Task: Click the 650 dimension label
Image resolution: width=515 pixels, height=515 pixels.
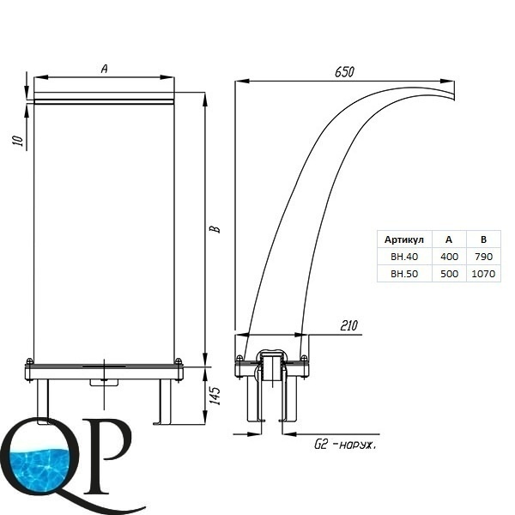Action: click(x=344, y=72)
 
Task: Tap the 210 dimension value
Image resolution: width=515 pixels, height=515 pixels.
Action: click(x=348, y=325)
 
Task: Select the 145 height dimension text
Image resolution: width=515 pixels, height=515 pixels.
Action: click(x=215, y=396)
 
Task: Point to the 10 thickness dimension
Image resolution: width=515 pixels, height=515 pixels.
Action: click(x=19, y=140)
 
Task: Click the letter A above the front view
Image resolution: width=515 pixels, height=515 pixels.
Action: click(x=105, y=69)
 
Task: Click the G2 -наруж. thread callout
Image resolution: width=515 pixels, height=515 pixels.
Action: click(x=345, y=445)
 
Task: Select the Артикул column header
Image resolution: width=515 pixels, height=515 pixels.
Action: click(x=404, y=239)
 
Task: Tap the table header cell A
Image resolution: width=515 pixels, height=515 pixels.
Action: click(x=449, y=239)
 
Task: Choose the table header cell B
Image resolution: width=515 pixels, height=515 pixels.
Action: click(x=483, y=239)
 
